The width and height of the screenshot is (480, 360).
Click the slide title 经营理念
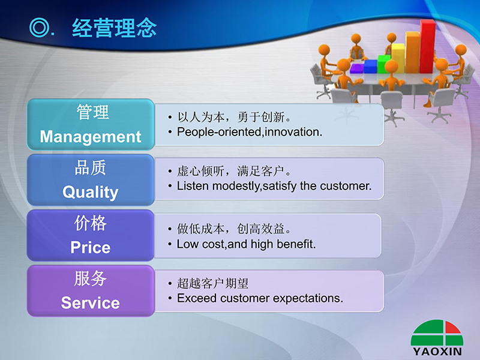point(114,28)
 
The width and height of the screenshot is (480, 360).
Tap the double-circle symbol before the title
point(39,27)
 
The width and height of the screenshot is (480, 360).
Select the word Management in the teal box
point(91,137)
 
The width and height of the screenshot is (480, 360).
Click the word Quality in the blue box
point(91,192)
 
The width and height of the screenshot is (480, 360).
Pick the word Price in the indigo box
point(91,247)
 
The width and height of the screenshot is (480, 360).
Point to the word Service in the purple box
point(91,303)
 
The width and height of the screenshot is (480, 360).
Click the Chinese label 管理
point(92,112)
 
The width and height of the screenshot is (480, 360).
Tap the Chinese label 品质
point(91,167)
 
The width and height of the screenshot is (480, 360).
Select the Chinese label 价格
point(91,223)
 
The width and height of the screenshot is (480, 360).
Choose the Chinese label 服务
point(91,278)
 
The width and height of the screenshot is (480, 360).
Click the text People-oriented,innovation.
point(250,132)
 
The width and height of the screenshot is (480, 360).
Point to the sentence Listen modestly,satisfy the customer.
point(274,186)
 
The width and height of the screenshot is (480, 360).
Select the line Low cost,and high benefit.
point(246,244)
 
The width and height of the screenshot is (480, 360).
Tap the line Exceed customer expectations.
point(260,298)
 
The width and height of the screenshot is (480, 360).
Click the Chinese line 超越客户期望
point(213,283)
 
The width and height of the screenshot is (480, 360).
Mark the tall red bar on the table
point(428,47)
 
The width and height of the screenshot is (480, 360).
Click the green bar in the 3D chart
point(383,64)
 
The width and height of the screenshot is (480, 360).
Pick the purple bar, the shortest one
point(356,68)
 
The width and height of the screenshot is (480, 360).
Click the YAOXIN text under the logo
point(437,352)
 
